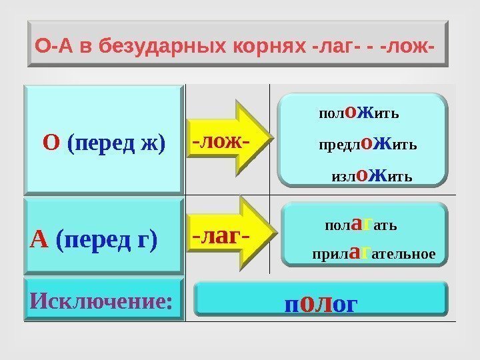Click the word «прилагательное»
pos(373,253)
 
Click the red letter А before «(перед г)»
pos(39,238)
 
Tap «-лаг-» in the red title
pos(331,47)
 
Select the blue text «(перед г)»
pos(107,239)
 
